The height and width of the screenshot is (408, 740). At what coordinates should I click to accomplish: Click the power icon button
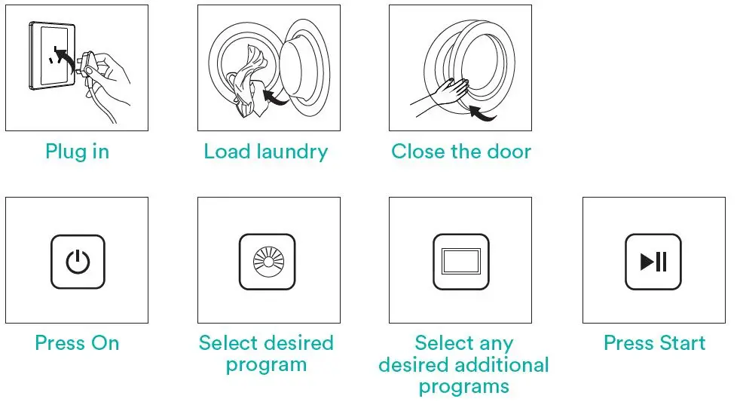pos(78,262)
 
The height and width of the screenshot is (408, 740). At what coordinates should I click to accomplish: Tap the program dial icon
pos(268,262)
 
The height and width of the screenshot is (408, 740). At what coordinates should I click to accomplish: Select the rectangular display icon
pos(460,262)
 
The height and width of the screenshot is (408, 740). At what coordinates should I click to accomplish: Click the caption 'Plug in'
pos(77,152)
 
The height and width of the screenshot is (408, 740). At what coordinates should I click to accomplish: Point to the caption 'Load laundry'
pos(266,152)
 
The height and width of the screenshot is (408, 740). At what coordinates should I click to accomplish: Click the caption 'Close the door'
pos(460,152)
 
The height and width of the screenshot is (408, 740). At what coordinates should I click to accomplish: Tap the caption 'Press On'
pos(77,343)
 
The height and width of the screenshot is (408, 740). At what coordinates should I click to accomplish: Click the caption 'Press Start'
pos(654,343)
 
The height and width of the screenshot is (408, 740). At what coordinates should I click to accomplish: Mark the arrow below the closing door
pos(482,114)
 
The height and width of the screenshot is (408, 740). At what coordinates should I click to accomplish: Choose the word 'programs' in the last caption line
pos(463,387)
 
